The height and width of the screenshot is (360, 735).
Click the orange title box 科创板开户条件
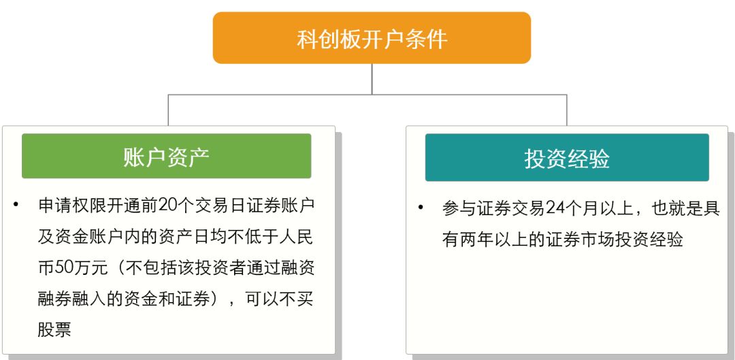[x=372, y=38]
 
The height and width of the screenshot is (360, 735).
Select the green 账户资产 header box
[x=167, y=156]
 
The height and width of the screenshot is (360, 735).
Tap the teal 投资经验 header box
[x=567, y=158]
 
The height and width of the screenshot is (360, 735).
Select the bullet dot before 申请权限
[x=16, y=204]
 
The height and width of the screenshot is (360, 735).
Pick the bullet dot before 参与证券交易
[x=421, y=208]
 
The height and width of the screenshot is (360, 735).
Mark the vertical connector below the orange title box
[x=372, y=79]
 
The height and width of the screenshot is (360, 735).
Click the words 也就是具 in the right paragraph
[x=683, y=209]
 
